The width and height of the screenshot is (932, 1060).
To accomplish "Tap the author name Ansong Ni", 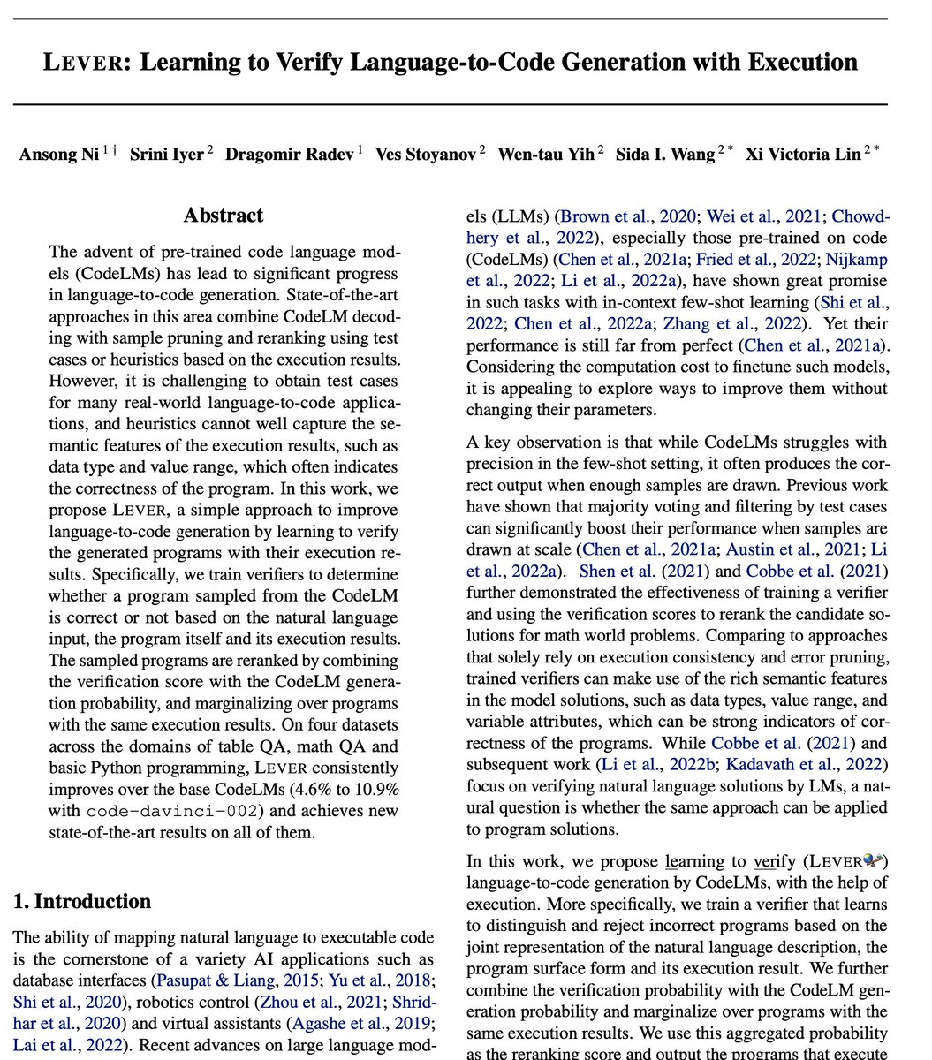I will [58, 155].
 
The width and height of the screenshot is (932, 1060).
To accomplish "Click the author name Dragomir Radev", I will [289, 155].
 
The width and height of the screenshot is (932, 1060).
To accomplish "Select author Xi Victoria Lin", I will [802, 155].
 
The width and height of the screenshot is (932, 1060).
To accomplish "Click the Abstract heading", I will [224, 216].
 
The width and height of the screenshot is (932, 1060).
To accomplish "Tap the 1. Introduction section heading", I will [81, 902].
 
